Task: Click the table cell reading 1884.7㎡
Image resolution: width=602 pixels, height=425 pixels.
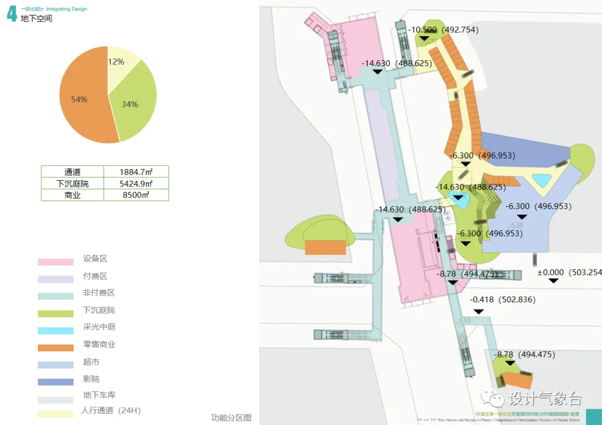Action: coord(136,172)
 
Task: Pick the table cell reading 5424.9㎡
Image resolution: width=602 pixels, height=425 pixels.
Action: coord(136,183)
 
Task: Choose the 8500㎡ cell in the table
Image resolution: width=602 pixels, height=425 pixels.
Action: coord(136,195)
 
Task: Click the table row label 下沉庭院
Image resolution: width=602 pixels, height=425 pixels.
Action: coord(72,183)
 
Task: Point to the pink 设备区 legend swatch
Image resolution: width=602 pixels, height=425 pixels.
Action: coord(56,262)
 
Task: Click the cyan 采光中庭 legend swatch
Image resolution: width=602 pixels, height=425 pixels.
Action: coord(56,331)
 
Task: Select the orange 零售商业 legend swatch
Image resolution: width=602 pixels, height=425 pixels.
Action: coord(56,348)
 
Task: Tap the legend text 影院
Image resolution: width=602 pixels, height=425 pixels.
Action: coord(91,379)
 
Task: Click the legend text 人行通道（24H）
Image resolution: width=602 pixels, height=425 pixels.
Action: coord(111,411)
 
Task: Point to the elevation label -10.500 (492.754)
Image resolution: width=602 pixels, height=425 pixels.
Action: coord(443,30)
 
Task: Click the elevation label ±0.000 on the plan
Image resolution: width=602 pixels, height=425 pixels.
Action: coord(569,273)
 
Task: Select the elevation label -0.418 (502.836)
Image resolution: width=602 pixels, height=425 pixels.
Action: coord(502,300)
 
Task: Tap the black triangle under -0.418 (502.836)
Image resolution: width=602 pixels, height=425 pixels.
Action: coord(478,311)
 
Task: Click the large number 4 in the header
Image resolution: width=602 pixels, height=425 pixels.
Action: coord(12,15)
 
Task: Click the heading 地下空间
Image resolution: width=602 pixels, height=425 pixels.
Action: coord(37,19)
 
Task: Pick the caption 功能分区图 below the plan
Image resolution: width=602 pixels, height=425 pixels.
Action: coord(231,417)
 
